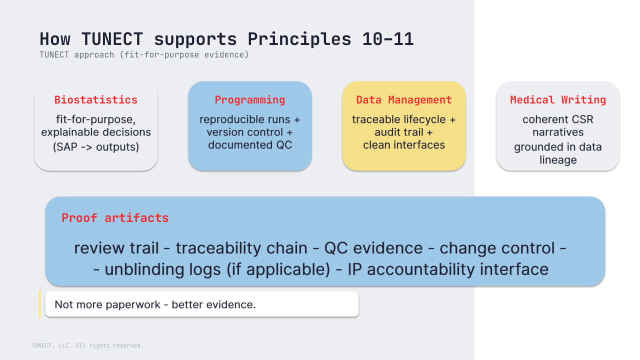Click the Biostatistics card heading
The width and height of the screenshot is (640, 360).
(x=96, y=100)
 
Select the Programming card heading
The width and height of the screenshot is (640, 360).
(x=250, y=100)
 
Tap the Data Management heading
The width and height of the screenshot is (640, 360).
(x=404, y=100)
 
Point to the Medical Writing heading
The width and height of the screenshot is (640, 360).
(x=558, y=100)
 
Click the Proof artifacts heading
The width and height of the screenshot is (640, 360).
(x=115, y=218)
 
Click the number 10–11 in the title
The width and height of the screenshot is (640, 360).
(x=388, y=39)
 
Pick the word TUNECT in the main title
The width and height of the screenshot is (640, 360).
(x=112, y=39)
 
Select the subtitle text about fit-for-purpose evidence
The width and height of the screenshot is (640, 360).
(x=144, y=55)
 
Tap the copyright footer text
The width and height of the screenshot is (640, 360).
(x=87, y=345)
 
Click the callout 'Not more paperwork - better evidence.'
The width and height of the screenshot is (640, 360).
(x=155, y=304)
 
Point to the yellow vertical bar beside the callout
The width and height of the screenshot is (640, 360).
(x=39, y=304)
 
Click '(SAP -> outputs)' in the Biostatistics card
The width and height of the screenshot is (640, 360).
(x=96, y=147)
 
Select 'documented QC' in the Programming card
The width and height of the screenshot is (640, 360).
(x=250, y=145)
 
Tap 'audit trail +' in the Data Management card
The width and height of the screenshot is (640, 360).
(x=403, y=132)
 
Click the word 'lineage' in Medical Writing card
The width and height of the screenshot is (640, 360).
(x=558, y=160)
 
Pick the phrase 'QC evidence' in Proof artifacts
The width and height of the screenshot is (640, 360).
(x=373, y=248)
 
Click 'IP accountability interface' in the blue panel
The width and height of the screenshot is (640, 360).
(x=448, y=269)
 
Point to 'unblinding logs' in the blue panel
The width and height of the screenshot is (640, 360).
(x=163, y=269)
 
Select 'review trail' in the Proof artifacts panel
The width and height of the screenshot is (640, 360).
(x=116, y=248)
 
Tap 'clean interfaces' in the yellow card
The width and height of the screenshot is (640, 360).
(x=404, y=145)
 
